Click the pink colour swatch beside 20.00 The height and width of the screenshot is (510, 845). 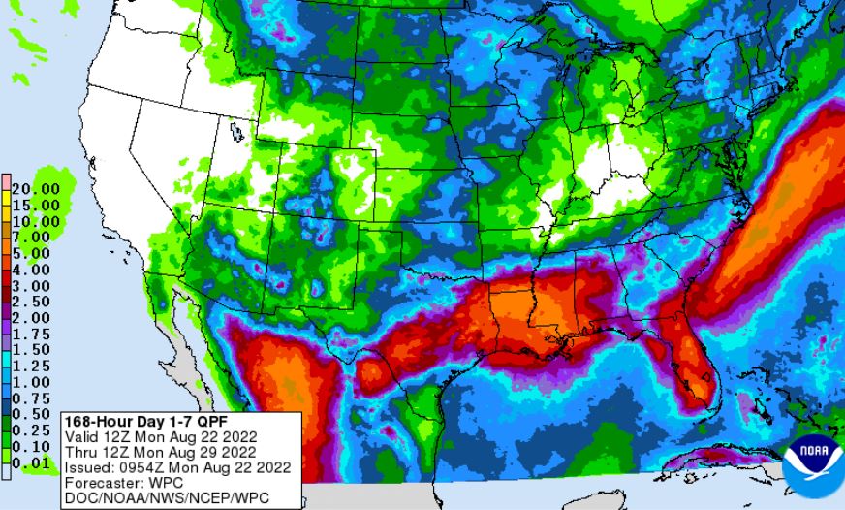(6, 181)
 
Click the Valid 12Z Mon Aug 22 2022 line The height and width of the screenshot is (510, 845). (159, 436)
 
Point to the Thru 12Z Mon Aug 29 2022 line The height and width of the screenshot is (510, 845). (159, 451)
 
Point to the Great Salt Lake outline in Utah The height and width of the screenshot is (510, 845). (235, 129)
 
